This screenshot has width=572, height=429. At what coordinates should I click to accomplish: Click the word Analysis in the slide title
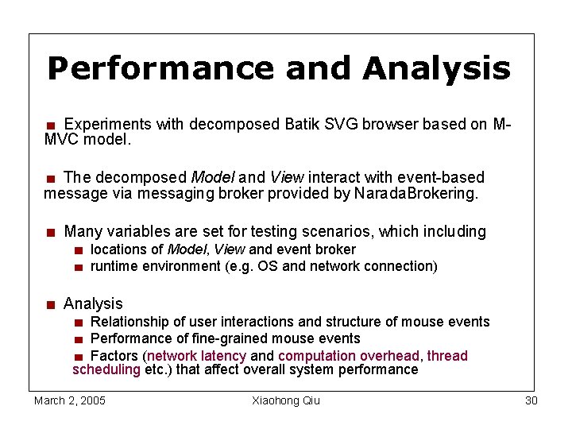[436, 69]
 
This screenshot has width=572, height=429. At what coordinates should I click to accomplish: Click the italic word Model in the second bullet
[212, 177]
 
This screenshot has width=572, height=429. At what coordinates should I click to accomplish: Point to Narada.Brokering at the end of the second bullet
[417, 193]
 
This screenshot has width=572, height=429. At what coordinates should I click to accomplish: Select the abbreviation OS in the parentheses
[268, 266]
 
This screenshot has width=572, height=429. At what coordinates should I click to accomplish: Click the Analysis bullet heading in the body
[93, 303]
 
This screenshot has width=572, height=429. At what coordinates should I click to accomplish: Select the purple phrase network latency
[197, 356]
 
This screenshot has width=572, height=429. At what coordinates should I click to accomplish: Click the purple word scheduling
[106, 369]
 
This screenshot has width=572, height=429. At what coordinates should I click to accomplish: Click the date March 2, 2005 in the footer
[70, 400]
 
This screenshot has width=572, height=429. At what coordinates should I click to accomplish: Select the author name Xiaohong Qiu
[285, 400]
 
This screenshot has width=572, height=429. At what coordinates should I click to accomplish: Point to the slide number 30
[531, 400]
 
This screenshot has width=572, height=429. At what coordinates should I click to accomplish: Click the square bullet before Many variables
[50, 233]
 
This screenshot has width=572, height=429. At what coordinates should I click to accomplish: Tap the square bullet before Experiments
[50, 126]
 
